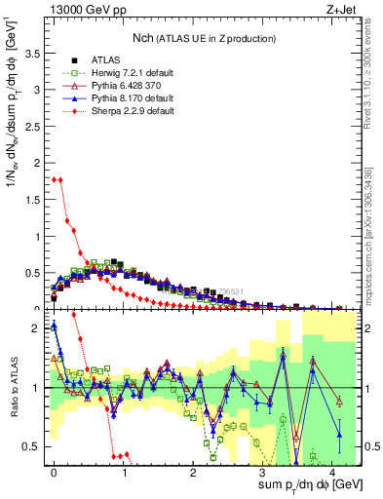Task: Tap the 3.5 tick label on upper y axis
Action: [x=36, y=59]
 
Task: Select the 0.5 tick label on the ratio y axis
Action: [x=36, y=447]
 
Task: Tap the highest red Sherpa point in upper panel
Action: [x=55, y=178]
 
